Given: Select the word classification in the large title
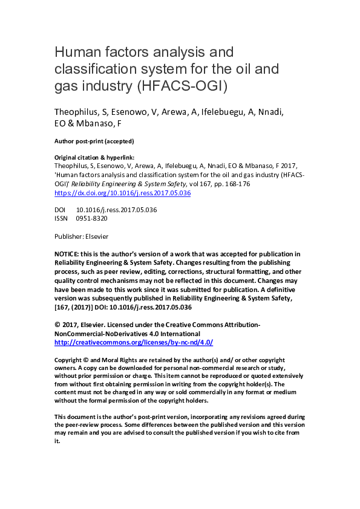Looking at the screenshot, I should pyautogui.click(x=93, y=68).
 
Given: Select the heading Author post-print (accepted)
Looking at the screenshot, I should pyautogui.click(x=94, y=141).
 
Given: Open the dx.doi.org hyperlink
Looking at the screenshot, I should pyautogui.click(x=123, y=193).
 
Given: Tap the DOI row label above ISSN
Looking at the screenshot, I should pyautogui.click(x=60, y=209).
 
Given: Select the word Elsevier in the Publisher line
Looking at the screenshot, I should pyautogui.click(x=96, y=236).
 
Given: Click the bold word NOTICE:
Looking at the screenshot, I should pyautogui.click(x=68, y=254).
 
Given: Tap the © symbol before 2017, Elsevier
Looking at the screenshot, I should pyautogui.click(x=57, y=325).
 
